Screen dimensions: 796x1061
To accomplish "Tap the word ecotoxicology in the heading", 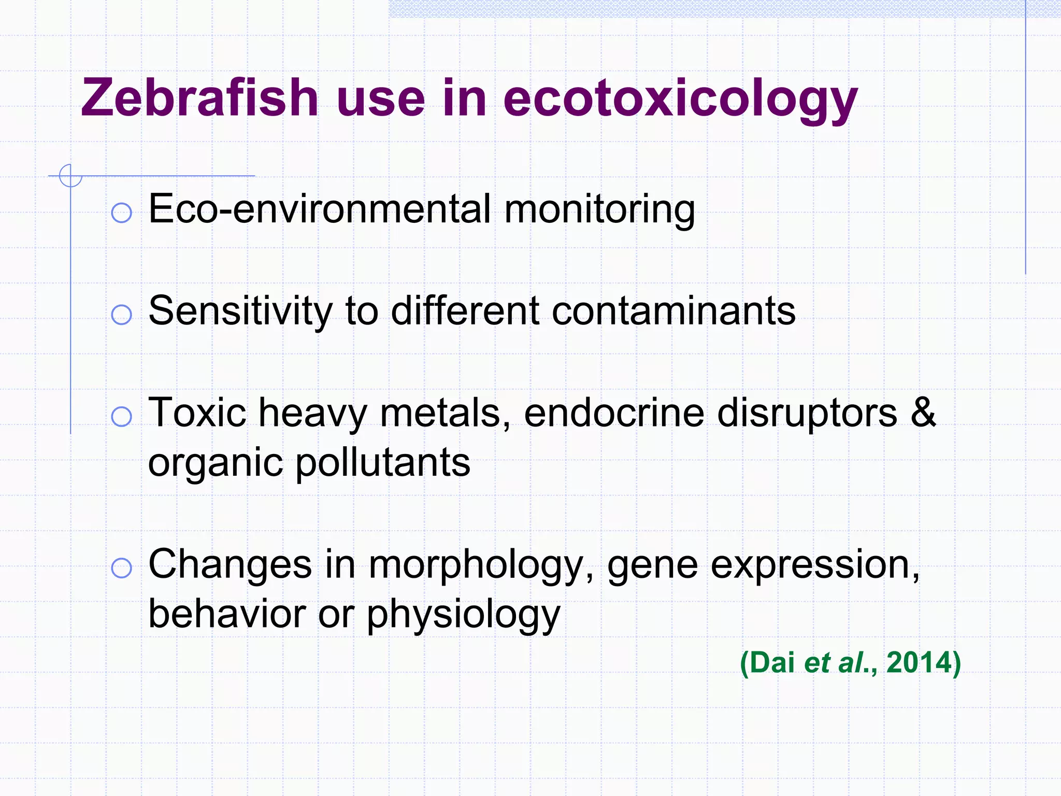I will point(680,99).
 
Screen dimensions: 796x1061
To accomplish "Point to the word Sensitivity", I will point(240,311).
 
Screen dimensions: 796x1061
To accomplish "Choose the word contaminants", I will point(673,311).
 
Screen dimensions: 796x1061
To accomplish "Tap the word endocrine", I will point(613,413).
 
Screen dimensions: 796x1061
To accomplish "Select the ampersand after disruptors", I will point(923,413).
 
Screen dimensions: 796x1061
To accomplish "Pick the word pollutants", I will point(383,462).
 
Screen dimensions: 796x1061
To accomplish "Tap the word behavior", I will point(227,614).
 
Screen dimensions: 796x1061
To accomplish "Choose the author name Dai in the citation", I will point(772,663).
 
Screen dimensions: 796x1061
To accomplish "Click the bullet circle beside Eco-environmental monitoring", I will point(122,212).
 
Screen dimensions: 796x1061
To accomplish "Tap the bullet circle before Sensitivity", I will point(122,315).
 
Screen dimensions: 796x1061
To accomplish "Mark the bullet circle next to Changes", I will point(122,568).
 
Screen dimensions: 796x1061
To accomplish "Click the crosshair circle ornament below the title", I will point(70,175).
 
